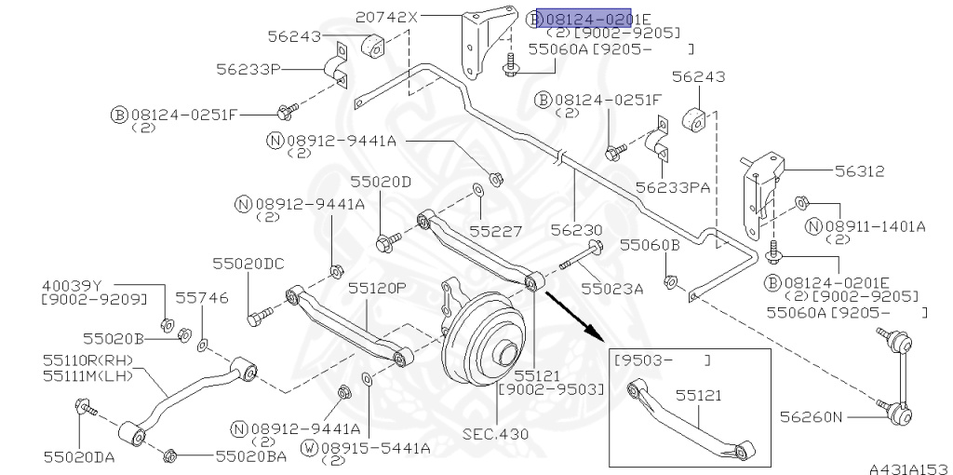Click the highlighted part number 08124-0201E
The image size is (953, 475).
point(597,18)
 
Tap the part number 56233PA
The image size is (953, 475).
point(673,187)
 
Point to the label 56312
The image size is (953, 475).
point(859,171)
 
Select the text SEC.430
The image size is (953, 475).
point(495,433)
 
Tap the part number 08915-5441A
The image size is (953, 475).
point(376,448)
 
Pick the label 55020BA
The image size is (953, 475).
point(251,455)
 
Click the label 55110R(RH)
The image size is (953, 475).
point(89,359)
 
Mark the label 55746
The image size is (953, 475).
point(202,297)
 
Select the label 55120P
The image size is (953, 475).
point(377,289)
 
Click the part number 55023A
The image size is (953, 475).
point(611,289)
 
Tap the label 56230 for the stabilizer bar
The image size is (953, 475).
point(575,229)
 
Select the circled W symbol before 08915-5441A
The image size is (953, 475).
point(310,448)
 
